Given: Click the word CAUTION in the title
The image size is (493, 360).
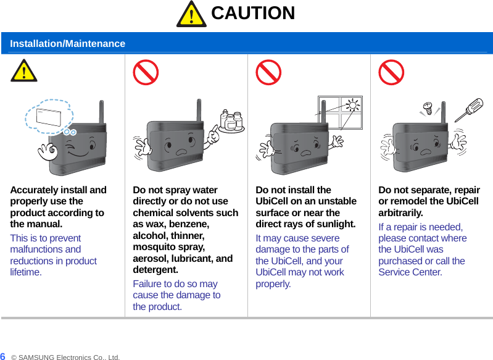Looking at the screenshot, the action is pos(253,13).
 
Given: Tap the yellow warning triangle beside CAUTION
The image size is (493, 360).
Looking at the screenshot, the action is pos(191,15).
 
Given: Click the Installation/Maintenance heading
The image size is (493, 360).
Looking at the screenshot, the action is pos(68,43).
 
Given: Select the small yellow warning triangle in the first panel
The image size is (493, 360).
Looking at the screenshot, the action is pos(24,71).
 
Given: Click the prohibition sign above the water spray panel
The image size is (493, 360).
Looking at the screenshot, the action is pos(146,72).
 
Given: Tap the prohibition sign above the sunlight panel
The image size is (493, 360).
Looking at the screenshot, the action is pos(268,72).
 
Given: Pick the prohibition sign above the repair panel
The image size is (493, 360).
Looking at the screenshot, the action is pos(391,72).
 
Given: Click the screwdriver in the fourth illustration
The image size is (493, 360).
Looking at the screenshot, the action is pos(469,110).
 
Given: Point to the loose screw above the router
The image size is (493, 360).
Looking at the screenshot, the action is pos(428,107).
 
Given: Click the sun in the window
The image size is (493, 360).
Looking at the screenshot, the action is pos(353,105).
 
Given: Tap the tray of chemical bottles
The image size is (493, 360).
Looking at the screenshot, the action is pos(232,122).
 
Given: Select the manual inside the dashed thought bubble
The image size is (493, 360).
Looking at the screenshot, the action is pos(48,117).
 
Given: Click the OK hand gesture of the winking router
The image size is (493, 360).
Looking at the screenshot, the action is pos(48,152).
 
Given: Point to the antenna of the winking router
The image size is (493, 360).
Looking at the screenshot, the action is pos(102,112).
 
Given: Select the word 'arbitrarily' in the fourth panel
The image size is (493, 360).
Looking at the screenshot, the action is pos(400,213).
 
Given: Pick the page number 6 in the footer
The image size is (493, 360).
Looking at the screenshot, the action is pos(2,356).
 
